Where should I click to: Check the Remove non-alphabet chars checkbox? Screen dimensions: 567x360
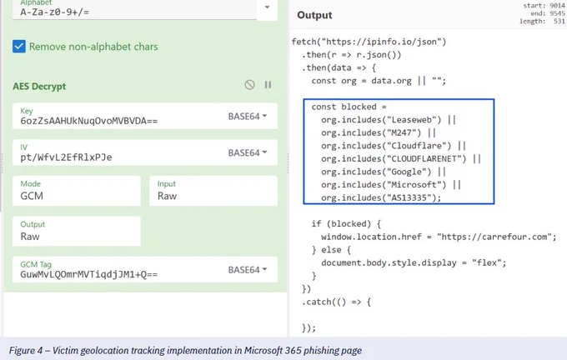pyautogui.click(x=19, y=47)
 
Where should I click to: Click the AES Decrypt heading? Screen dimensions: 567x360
pyautogui.click(x=39, y=87)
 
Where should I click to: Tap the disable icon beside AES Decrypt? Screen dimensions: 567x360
pyautogui.click(x=249, y=84)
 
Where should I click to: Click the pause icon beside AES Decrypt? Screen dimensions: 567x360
pyautogui.click(x=268, y=84)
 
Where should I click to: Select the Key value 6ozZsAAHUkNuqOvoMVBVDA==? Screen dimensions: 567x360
pyautogui.click(x=89, y=121)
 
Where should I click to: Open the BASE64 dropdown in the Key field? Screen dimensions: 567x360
pyautogui.click(x=248, y=117)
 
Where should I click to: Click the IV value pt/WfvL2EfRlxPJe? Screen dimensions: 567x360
pyautogui.click(x=66, y=157)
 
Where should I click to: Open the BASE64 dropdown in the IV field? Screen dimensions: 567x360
pyautogui.click(x=248, y=152)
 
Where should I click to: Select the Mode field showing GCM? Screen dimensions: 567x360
pyautogui.click(x=77, y=191)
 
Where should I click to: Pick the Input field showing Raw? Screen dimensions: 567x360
pyautogui.click(x=213, y=191)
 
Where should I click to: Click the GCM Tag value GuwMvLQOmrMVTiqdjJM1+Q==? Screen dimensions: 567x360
pyautogui.click(x=89, y=274)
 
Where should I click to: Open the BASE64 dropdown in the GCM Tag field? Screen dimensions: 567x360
pyautogui.click(x=248, y=270)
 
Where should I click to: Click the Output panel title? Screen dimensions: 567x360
pyautogui.click(x=314, y=15)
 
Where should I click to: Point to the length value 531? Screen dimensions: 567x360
pyautogui.click(x=559, y=22)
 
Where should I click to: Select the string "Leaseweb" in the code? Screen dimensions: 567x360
pyautogui.click(x=412, y=120)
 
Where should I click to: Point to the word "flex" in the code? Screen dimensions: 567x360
pyautogui.click(x=487, y=263)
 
